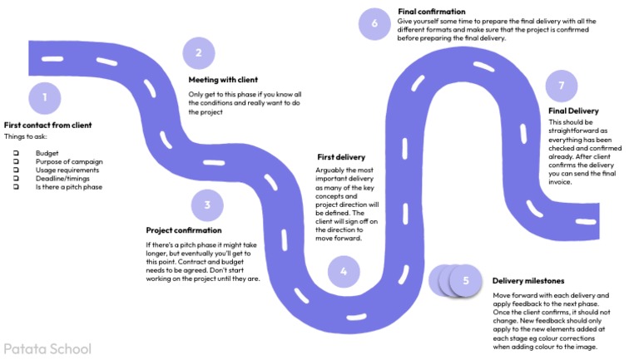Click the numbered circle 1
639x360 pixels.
pyautogui.click(x=45, y=97)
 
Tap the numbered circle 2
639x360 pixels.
pyautogui.click(x=199, y=54)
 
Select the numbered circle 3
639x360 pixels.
pyautogui.click(x=207, y=205)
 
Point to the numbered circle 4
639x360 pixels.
pyautogui.click(x=344, y=270)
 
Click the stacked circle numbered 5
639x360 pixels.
pyautogui.click(x=465, y=280)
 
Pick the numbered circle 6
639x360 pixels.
pyautogui.click(x=374, y=23)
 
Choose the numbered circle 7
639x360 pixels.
pyautogui.click(x=562, y=86)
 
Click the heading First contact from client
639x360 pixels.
pyautogui.click(x=47, y=126)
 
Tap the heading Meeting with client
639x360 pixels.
pyautogui.click(x=223, y=81)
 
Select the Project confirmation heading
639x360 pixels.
pyautogui.click(x=184, y=230)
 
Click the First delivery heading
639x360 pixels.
pyautogui.click(x=341, y=156)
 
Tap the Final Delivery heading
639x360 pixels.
pyautogui.click(x=573, y=111)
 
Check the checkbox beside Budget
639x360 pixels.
pyautogui.click(x=16, y=154)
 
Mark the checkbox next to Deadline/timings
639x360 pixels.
pyautogui.click(x=16, y=179)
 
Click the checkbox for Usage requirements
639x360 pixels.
pyautogui.click(x=16, y=170)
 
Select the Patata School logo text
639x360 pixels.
pyautogui.click(x=47, y=348)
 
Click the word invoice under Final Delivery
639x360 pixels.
pyautogui.click(x=562, y=180)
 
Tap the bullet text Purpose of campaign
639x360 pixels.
pyautogui.click(x=68, y=162)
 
